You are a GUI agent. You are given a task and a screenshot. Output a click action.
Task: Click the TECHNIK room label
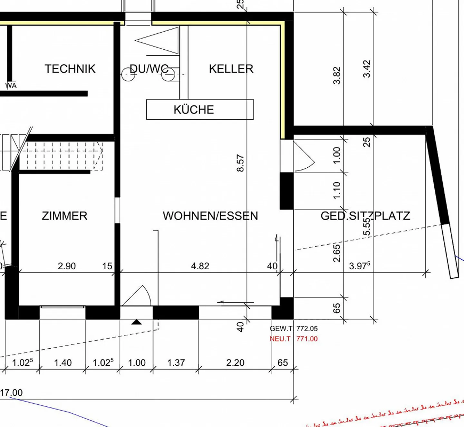click(x=70, y=69)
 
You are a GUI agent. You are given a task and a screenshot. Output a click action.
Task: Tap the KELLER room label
click(x=231, y=69)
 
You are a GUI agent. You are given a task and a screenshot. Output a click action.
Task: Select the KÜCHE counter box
click(x=200, y=110)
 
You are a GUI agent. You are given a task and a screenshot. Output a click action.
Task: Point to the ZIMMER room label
click(x=64, y=216)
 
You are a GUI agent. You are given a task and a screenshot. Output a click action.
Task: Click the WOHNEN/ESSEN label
click(x=210, y=216)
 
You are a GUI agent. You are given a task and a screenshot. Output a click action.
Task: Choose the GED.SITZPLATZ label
click(x=365, y=216)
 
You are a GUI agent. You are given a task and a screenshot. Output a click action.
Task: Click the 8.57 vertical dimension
click(x=240, y=163)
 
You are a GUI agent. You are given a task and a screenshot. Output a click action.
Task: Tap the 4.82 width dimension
click(x=200, y=266)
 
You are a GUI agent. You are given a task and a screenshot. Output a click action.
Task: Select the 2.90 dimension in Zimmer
click(x=67, y=266)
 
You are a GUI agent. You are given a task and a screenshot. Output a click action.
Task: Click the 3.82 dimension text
click(x=337, y=75)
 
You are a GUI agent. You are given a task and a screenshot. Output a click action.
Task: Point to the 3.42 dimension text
click(x=367, y=69)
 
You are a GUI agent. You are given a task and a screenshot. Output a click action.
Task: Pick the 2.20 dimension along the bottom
click(x=235, y=362)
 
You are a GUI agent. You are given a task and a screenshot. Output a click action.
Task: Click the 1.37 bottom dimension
click(x=176, y=362)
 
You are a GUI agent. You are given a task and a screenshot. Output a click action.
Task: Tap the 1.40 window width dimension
click(x=63, y=362)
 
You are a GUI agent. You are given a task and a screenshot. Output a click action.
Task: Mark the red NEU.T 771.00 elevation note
click(x=294, y=339)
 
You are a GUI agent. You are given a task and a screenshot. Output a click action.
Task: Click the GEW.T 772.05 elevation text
click(x=294, y=329)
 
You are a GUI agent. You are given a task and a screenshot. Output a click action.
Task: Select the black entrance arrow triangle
click(x=137, y=322)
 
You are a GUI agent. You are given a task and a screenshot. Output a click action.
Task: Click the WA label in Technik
click(x=11, y=86)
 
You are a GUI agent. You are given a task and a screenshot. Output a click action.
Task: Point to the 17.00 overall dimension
click(x=12, y=393)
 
